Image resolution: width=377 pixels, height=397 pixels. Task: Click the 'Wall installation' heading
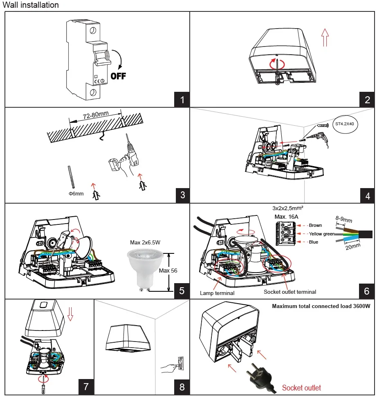point(31,5)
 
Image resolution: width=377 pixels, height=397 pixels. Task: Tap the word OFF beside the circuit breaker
point(119,76)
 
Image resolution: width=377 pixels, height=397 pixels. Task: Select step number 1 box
point(182,100)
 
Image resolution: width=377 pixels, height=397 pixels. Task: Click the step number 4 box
point(368,195)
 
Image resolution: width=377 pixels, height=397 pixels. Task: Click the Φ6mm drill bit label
point(76,194)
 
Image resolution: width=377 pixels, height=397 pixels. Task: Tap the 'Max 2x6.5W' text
point(145,242)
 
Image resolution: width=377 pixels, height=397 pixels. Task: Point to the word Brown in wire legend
point(315,225)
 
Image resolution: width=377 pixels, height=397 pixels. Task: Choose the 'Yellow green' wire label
point(322,234)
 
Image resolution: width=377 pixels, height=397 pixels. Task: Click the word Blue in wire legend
point(314,242)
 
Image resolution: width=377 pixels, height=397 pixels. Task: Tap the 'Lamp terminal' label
point(217,293)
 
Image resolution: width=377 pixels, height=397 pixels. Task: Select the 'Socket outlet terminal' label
point(290,292)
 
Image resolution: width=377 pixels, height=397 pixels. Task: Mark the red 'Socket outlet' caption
point(302,388)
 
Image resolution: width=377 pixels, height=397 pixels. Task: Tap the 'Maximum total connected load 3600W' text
point(321,306)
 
